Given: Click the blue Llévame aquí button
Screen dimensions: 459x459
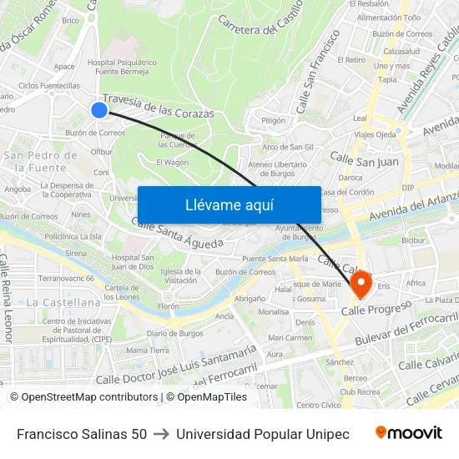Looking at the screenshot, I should [x=229, y=204].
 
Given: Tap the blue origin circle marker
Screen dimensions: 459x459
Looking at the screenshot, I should [x=99, y=110].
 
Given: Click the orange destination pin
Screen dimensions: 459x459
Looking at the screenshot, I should [x=361, y=284].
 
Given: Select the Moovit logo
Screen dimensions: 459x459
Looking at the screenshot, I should [x=409, y=433].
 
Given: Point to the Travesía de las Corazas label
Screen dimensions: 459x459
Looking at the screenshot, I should [x=159, y=106].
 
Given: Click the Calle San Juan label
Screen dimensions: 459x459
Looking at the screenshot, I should [x=364, y=159].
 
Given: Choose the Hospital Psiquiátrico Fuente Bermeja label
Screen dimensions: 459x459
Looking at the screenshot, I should [x=122, y=67].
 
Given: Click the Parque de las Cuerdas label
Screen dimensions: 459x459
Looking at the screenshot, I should [x=177, y=139].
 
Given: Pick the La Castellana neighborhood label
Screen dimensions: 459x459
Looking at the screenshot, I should [x=63, y=301].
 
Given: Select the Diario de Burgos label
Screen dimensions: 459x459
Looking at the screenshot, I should [x=174, y=333].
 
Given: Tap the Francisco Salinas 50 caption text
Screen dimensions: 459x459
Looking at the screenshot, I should [x=82, y=434].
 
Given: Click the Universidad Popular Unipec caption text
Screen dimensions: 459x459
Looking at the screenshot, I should [x=263, y=434].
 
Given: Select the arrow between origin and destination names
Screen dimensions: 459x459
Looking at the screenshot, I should [x=161, y=434].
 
